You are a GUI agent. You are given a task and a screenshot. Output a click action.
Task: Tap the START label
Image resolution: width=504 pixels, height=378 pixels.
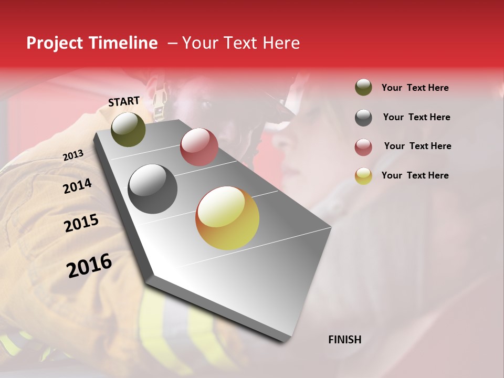[124, 101]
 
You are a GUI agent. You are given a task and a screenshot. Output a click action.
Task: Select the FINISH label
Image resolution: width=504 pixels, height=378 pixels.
[344, 340]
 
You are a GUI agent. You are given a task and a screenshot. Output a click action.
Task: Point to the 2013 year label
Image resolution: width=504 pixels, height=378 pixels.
[73, 155]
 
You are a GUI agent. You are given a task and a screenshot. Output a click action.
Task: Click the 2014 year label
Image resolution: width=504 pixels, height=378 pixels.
[78, 186]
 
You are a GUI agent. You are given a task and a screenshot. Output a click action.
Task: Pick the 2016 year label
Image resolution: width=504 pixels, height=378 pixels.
[89, 265]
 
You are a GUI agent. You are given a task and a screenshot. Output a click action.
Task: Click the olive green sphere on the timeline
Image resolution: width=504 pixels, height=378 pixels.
[128, 129]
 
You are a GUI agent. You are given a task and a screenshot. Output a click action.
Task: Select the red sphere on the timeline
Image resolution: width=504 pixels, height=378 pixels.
[199, 146]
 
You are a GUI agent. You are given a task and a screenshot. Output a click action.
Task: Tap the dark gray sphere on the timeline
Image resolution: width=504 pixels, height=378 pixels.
[153, 189]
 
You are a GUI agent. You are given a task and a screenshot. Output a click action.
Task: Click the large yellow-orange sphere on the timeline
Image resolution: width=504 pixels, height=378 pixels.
[227, 218]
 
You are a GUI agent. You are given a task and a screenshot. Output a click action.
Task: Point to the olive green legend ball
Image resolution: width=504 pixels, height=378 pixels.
[363, 87]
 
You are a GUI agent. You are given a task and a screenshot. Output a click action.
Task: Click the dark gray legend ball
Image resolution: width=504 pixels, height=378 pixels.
[363, 118]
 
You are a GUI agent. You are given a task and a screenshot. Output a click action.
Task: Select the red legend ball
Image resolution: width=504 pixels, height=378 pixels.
[363, 147]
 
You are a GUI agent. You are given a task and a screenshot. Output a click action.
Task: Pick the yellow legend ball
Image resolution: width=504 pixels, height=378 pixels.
[363, 176]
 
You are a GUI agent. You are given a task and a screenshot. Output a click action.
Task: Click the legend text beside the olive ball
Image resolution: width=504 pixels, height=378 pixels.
[415, 88]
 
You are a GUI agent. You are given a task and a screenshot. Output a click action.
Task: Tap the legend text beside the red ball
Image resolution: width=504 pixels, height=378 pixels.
[417, 146]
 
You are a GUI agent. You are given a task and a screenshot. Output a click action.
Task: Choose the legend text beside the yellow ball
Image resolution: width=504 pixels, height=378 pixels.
[415, 175]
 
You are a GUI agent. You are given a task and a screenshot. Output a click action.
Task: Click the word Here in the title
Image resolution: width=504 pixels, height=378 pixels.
[281, 43]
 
